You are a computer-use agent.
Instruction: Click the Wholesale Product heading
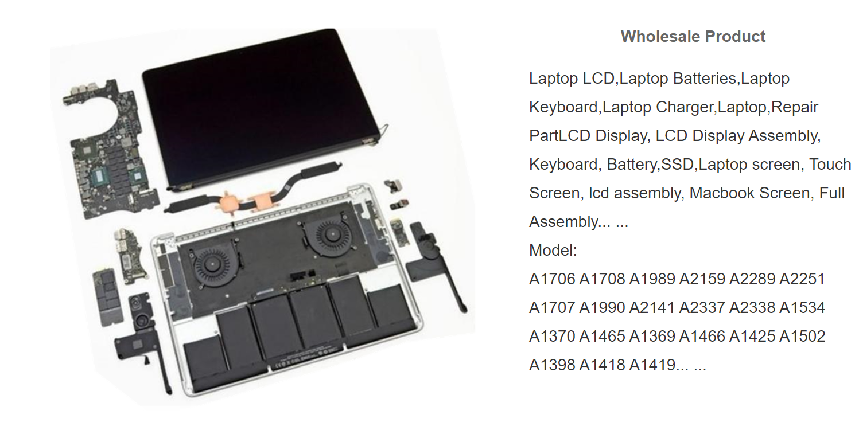click(x=693, y=37)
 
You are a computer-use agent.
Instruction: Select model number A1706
click(x=552, y=279)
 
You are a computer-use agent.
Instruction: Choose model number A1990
click(x=602, y=308)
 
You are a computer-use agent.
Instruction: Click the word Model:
click(x=553, y=251)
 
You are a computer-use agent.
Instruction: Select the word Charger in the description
click(x=685, y=107)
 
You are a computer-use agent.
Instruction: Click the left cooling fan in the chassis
click(x=211, y=264)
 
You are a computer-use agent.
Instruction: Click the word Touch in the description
click(x=830, y=165)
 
